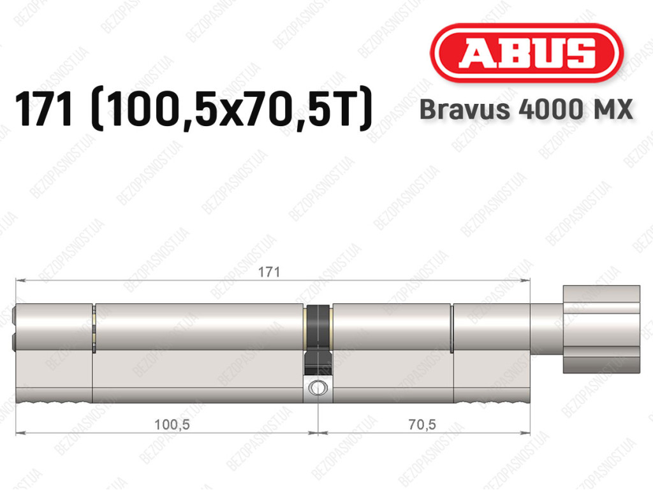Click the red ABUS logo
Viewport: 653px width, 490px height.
pyautogui.click(x=526, y=53)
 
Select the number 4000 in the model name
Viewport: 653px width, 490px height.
pyautogui.click(x=548, y=110)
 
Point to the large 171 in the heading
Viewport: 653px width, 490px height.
pyautogui.click(x=43, y=109)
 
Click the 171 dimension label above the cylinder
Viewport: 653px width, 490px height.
pyautogui.click(x=269, y=272)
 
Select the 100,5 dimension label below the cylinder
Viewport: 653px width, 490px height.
pyautogui.click(x=172, y=424)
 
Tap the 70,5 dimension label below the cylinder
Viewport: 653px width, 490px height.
pyautogui.click(x=422, y=424)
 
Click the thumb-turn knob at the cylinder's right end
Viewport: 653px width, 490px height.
pyautogui.click(x=601, y=329)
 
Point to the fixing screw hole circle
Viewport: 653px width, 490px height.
pyautogui.click(x=318, y=388)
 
